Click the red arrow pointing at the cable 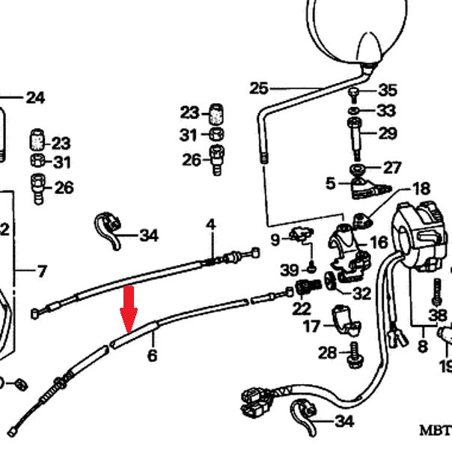point(129,309)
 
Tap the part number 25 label point(259,88)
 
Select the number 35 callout point(388,90)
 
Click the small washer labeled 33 point(354,110)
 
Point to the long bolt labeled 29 point(355,139)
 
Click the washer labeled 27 point(357,168)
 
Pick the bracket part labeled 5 point(369,189)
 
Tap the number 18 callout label point(421,189)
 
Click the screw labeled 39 point(311,269)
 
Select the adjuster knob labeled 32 point(330,281)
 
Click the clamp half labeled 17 point(346,320)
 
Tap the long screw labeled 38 point(437,291)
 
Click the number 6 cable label point(152,355)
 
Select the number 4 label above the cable point(211,225)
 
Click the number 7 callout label point(42,271)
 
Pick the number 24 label point(35,98)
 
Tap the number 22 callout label point(302,309)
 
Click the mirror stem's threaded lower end point(263,159)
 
